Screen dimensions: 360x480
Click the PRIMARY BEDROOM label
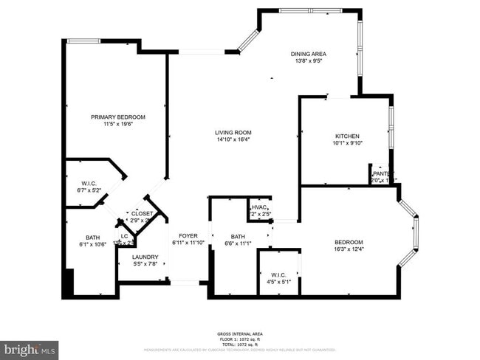point(117,117)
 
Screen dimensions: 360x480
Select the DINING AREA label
point(308,54)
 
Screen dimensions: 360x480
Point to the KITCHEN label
point(347,136)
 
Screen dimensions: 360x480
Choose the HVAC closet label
point(258,208)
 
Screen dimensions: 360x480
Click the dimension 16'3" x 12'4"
point(349,249)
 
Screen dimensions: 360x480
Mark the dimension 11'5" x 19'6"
point(117,124)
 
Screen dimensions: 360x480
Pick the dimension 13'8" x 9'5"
point(308,61)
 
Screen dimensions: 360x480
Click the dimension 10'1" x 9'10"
point(347,144)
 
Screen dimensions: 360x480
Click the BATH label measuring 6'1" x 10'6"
point(92,237)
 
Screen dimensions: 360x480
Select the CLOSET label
point(142,213)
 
